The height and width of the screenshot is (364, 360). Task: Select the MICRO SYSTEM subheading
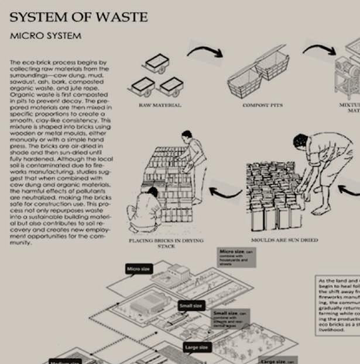[45, 36]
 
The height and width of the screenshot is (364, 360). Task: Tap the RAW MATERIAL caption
[160, 105]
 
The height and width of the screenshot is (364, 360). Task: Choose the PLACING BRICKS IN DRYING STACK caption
[167, 243]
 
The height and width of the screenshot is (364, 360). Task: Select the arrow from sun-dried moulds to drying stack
[225, 193]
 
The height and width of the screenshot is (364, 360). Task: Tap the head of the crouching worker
[152, 191]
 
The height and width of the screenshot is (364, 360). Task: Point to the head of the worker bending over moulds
[300, 141]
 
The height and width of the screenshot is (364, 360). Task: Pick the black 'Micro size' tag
[139, 269]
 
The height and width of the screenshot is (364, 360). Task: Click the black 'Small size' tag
[190, 306]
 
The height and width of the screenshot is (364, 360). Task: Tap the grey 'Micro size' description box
[236, 258]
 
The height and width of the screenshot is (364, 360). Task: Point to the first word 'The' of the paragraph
[16, 61]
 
